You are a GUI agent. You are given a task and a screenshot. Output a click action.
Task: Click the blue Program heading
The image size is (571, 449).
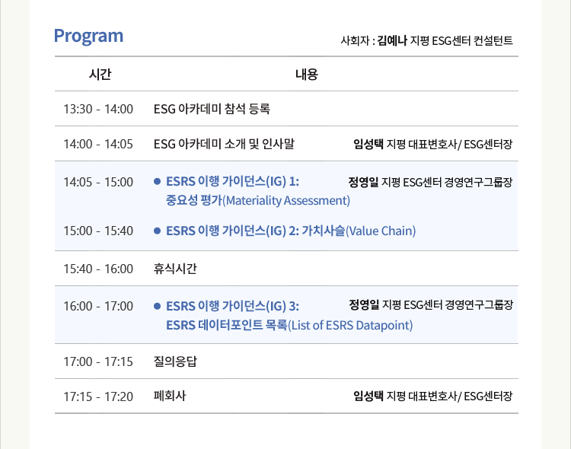[x=88, y=37]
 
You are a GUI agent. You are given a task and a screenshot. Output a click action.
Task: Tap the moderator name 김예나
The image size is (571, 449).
[x=392, y=40]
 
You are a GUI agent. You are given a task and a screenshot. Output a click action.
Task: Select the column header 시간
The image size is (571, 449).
[x=100, y=75]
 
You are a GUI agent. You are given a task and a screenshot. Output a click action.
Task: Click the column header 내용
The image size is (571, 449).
[x=307, y=75]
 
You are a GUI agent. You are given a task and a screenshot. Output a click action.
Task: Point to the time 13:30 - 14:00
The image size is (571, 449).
[x=98, y=109]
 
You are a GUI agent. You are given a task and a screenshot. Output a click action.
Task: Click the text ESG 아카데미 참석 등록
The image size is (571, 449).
[x=212, y=109]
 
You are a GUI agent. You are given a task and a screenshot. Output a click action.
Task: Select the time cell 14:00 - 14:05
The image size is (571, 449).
[x=98, y=144]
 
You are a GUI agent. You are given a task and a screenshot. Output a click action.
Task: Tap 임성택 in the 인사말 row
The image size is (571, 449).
[x=368, y=144]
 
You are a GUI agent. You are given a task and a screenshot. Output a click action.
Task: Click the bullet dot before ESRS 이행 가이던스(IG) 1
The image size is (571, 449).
[x=158, y=181]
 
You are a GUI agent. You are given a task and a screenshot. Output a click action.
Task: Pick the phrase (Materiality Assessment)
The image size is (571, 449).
[x=286, y=200]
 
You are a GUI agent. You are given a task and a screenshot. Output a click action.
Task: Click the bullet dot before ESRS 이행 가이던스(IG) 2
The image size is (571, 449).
[x=158, y=231]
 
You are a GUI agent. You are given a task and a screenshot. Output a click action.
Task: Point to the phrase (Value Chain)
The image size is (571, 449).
[x=381, y=231]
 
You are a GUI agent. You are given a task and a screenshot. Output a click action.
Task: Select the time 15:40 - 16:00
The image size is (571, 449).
[x=98, y=269]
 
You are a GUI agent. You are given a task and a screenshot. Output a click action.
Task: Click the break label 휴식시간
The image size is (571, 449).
[x=175, y=269]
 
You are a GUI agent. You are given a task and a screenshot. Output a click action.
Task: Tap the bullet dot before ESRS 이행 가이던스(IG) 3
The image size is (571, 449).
[x=158, y=306]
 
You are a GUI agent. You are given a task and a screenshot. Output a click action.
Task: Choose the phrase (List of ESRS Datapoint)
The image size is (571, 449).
[x=350, y=325]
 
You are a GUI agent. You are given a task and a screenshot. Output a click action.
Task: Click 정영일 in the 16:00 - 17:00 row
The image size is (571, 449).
[x=364, y=305]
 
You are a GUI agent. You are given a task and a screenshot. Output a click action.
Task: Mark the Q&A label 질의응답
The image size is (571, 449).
[x=175, y=361]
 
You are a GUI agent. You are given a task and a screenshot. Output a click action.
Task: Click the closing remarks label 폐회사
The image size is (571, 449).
[x=170, y=396]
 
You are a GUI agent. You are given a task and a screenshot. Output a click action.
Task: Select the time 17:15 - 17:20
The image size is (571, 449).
[x=98, y=396]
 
